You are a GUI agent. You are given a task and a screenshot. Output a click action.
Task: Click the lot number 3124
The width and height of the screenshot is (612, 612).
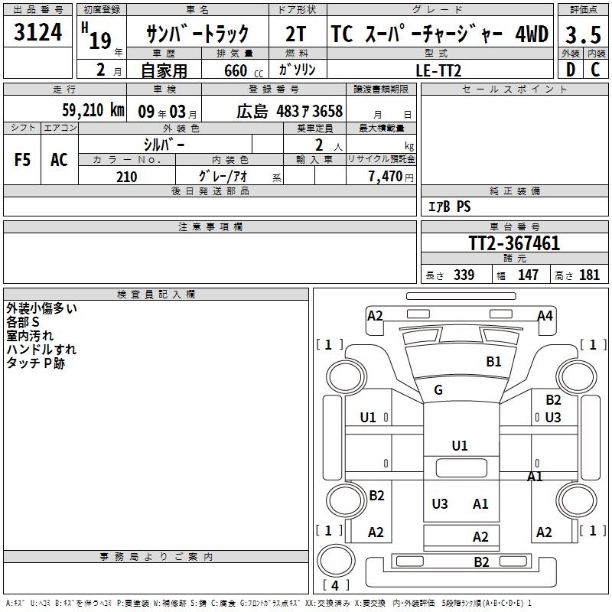[37, 32]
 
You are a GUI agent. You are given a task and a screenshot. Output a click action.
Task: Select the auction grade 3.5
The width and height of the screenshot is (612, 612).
[583, 35]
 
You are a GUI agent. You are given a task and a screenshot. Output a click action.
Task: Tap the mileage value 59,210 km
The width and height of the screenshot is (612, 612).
[93, 110]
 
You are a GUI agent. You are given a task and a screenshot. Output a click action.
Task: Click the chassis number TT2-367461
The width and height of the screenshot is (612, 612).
[514, 243]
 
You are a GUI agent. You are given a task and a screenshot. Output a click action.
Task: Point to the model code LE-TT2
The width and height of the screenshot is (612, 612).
[438, 70]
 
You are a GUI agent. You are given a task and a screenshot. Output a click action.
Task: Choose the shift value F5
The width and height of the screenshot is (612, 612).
[22, 160]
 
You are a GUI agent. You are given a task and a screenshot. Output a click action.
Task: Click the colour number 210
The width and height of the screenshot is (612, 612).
[127, 177]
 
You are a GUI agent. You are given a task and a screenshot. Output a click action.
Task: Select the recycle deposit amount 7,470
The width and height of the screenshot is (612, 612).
[386, 177]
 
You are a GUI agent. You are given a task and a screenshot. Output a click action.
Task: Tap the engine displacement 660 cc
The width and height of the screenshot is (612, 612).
[243, 70]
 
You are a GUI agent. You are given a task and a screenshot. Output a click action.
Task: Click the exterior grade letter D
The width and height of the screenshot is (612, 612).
[571, 70]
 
